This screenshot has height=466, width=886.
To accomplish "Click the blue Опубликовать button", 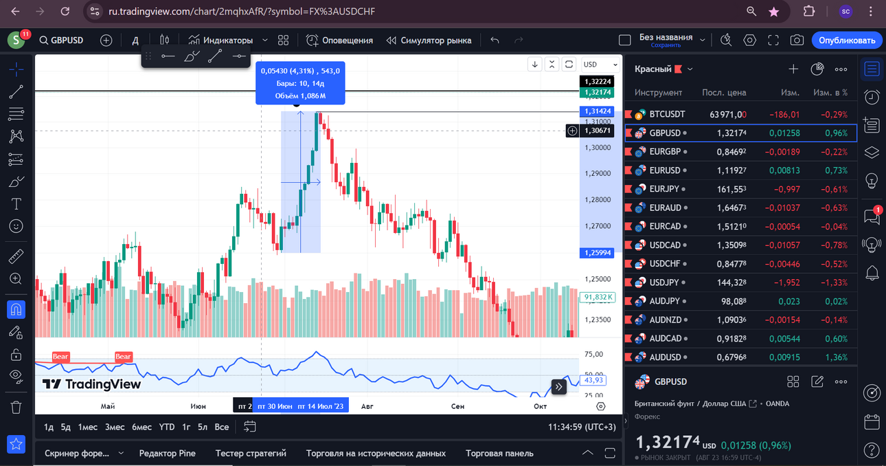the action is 846,41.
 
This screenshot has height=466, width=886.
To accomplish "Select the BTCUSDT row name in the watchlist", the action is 667,114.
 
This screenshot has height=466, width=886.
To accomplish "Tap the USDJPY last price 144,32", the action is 731,282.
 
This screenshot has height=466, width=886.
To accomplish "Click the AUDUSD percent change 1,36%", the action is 836,357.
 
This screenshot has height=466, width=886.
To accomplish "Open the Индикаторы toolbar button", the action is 220,41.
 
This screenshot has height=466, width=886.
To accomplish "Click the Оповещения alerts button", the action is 339,41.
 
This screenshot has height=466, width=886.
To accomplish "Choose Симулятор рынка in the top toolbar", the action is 429,41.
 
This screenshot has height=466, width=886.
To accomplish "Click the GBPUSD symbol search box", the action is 61,41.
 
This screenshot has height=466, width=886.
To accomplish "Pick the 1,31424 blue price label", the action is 597,111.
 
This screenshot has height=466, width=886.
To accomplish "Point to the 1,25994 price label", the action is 597,253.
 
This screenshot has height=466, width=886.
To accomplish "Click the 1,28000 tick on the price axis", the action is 598,199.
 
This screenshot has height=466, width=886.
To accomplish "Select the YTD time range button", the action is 166,427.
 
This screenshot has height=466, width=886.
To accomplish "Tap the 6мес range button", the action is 141,427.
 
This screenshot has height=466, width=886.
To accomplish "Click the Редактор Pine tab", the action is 168,454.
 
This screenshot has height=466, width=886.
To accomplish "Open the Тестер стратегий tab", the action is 251,454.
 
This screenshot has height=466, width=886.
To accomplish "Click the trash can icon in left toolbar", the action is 16,407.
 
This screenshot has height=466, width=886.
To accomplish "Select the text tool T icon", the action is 16,204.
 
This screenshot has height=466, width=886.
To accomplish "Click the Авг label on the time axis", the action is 367,406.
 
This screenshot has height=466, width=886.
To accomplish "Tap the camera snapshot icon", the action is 797,41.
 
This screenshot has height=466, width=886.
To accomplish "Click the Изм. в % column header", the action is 830,93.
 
